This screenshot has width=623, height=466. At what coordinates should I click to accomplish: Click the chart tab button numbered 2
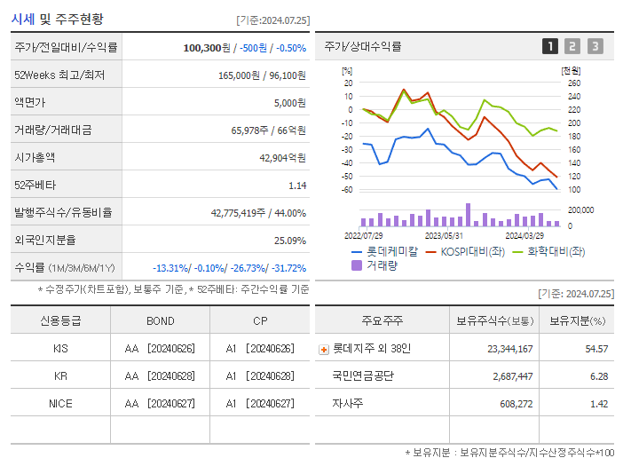(x=572, y=46)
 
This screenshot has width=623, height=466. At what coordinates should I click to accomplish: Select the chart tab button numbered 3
(x=595, y=46)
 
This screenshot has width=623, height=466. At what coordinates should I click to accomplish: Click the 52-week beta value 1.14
(x=296, y=185)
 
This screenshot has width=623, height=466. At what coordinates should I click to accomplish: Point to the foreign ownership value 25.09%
(x=289, y=240)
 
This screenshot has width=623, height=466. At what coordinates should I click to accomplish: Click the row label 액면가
(x=29, y=102)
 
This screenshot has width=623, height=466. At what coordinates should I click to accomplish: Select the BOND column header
(x=160, y=320)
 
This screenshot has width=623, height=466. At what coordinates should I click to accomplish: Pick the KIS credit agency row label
(x=60, y=349)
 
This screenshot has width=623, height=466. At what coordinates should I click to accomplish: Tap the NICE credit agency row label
(x=60, y=403)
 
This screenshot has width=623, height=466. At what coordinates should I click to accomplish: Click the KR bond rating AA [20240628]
(x=160, y=376)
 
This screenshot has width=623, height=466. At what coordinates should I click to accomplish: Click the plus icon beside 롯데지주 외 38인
(x=323, y=350)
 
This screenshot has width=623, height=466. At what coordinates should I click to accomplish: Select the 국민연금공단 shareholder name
(x=363, y=376)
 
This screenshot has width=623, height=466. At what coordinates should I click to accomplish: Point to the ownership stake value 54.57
(x=596, y=349)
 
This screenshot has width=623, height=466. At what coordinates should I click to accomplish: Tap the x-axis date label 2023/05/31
(x=444, y=236)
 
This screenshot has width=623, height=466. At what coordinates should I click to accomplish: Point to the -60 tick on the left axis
(x=348, y=190)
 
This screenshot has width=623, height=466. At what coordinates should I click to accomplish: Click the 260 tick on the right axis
(x=573, y=83)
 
